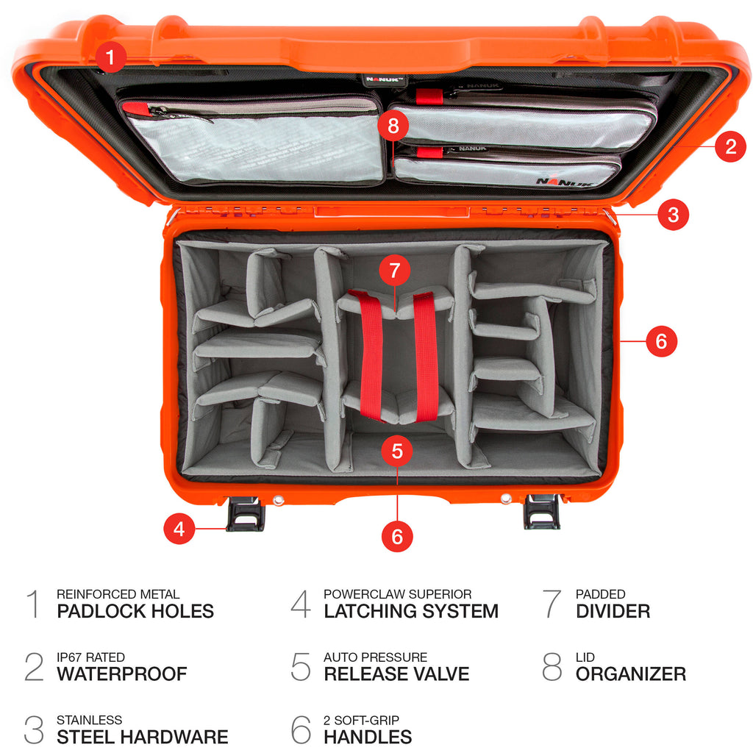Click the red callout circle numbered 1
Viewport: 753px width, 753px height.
pos(110,57)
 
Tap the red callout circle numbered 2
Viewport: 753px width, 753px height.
pos(730,146)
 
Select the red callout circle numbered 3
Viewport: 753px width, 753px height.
pos(673,215)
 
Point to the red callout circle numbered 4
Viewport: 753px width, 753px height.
pos(179,528)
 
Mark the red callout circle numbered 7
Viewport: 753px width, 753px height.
pos(395,271)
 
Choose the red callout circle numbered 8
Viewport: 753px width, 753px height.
pos(393,126)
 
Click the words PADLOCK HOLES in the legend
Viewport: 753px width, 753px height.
pos(135,611)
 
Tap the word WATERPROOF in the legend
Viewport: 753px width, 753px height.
pos(122,674)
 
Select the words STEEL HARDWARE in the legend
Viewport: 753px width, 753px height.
pos(143,737)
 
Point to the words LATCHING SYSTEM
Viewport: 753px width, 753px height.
pos(411,611)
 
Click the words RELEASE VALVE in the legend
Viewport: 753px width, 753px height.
pos(396,674)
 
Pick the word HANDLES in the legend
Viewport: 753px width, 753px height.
pos(368,737)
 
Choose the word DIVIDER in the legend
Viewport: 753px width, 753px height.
pos(613,611)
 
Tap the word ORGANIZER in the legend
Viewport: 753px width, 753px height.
pos(631,674)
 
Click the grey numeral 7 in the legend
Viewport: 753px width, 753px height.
pos(552,604)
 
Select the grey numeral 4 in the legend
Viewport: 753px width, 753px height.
pos(301,604)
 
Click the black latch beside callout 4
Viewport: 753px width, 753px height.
pos(246,513)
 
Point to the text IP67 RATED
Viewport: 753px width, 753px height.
pos(90,657)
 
